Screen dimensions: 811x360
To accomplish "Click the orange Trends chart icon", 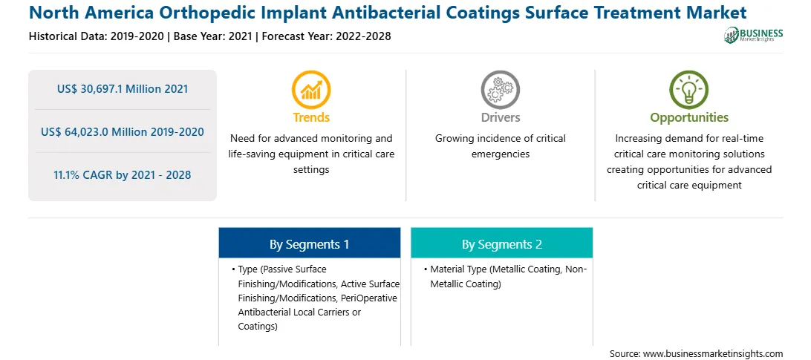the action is tap(311, 90).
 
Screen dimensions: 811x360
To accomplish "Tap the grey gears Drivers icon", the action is tap(500, 90).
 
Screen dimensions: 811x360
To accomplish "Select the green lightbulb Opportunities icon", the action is tap(689, 90).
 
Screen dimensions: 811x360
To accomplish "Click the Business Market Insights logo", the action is tap(753, 35).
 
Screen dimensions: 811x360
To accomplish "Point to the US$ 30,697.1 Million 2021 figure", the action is tap(123, 89).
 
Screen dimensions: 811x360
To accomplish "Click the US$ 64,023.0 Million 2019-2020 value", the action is tap(123, 132).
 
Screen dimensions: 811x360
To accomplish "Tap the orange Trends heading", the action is tap(311, 117).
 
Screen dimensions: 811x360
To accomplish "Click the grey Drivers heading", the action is tap(500, 117).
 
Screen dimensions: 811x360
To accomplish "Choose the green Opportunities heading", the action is tap(689, 117).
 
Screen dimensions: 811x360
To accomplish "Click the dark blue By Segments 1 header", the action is tap(309, 243).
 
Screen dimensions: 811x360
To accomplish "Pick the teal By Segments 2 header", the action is tap(502, 243).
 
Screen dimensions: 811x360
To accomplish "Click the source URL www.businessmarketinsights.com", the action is tap(714, 354).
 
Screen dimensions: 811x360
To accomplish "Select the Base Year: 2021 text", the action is tap(213, 36).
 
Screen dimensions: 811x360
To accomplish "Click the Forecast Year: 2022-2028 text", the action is tap(325, 36).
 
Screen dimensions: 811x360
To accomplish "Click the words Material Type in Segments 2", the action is tap(459, 269).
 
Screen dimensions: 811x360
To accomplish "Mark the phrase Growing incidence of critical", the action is tap(500, 139).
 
